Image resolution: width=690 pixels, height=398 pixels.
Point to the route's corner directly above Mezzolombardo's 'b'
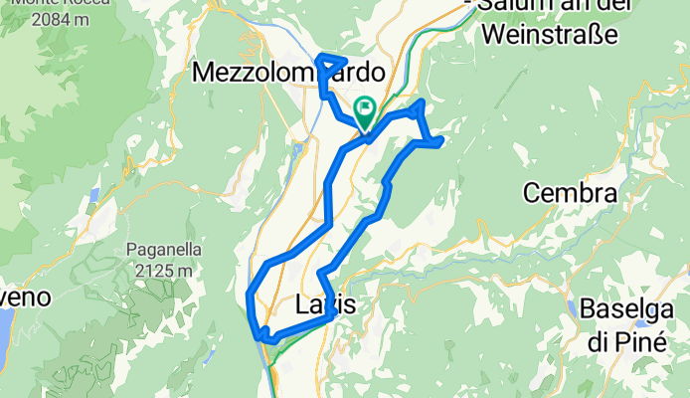coord(319,56)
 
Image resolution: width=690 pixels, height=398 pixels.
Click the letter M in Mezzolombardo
coord(203,73)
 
